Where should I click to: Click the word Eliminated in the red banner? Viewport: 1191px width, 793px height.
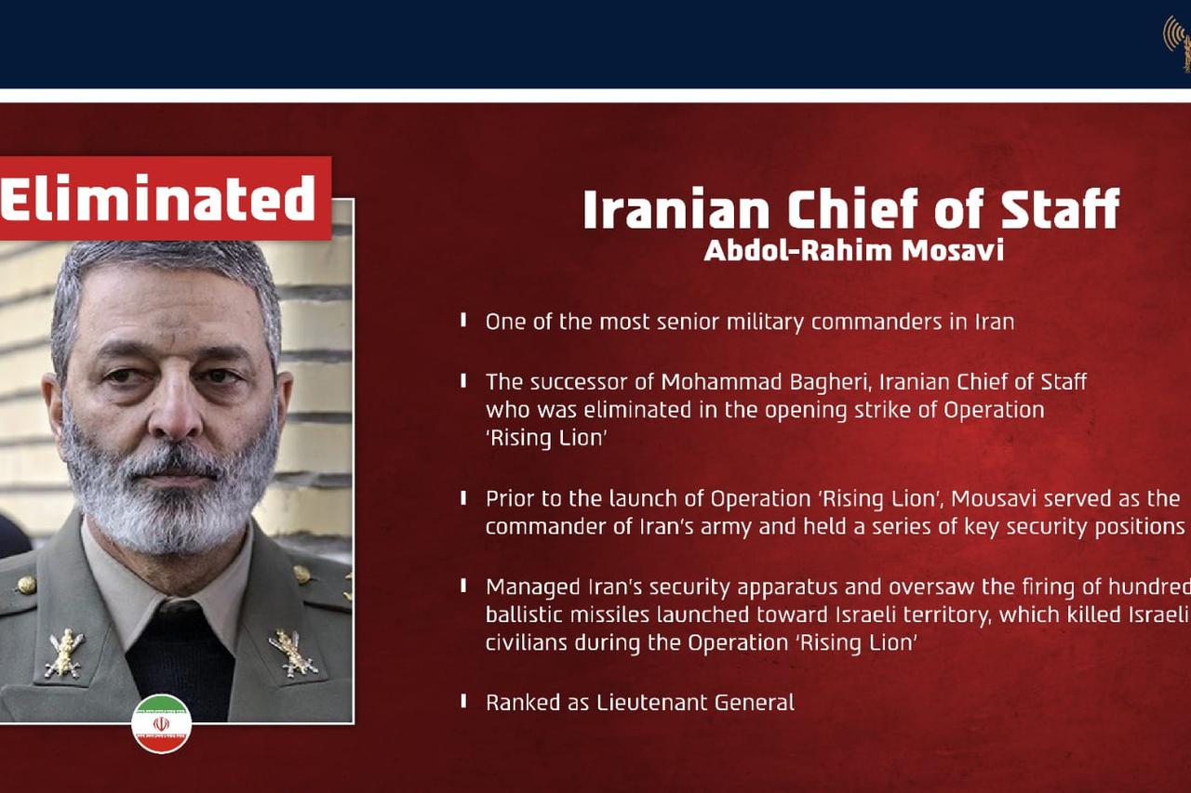pos(157,198)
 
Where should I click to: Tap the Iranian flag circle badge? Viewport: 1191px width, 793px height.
pos(162,723)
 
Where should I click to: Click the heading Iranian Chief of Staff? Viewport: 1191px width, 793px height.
pos(851,208)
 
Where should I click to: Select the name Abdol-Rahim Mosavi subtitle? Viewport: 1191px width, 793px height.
pos(854,251)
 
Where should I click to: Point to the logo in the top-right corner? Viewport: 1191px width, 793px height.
pos(1177,43)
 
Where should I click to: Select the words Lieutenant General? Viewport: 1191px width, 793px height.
pos(695,703)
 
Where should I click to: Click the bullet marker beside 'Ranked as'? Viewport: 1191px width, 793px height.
pos(463,701)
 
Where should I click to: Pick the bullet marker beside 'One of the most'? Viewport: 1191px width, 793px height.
pos(463,320)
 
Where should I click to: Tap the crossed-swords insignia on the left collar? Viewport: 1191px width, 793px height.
pos(65,654)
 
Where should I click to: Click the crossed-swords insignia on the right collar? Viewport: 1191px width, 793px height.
pos(293,653)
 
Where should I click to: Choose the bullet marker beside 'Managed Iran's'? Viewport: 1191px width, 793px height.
pos(463,586)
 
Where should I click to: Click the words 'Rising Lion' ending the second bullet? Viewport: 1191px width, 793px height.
pos(546,439)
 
